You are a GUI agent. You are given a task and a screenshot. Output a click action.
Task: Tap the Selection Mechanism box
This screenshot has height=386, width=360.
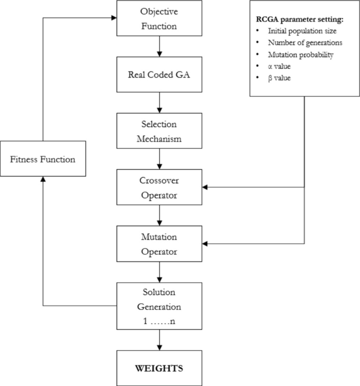click(159, 131)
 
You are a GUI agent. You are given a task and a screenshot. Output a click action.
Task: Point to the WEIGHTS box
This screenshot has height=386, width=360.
click(159, 368)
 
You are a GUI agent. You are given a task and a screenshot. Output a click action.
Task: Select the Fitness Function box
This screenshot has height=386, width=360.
click(43, 159)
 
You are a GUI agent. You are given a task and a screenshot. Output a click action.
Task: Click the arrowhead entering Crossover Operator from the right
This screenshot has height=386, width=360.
click(205, 187)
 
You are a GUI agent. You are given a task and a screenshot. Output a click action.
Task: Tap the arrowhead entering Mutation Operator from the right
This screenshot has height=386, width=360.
click(205, 244)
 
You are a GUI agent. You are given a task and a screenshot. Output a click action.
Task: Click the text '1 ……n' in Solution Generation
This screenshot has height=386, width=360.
click(159, 320)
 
